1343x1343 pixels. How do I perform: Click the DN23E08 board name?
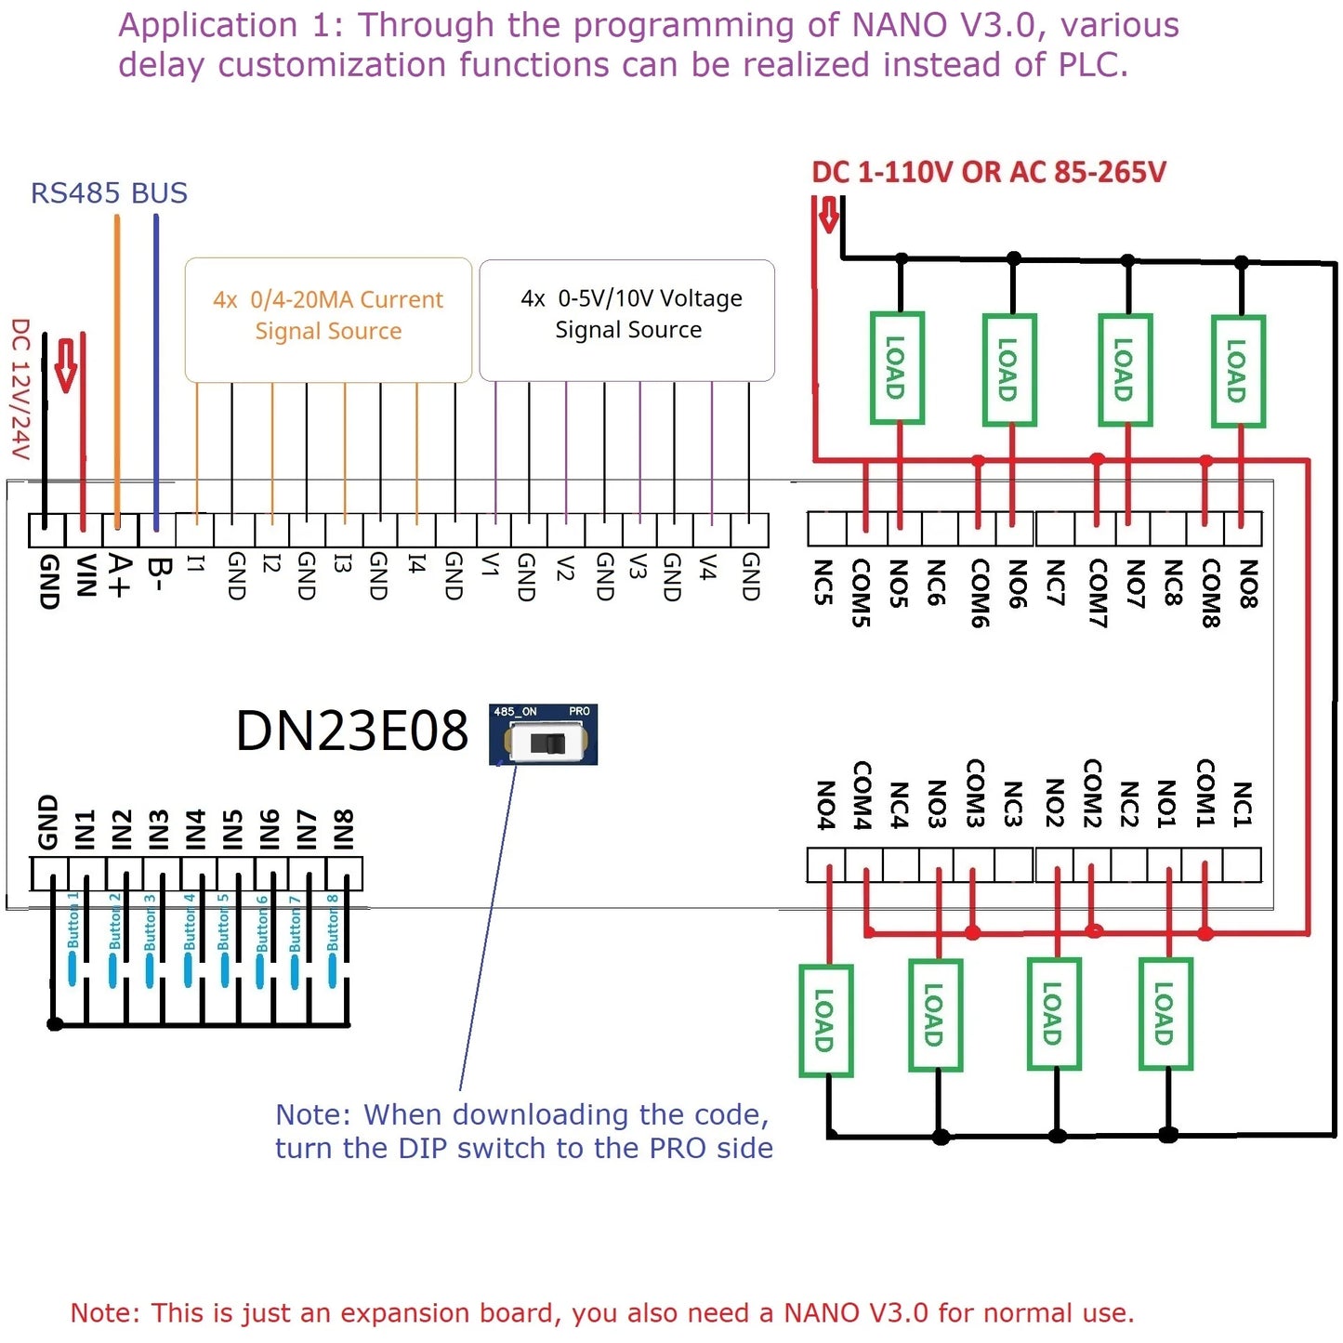(351, 731)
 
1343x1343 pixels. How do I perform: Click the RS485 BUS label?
(109, 193)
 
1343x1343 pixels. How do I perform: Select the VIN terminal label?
(86, 577)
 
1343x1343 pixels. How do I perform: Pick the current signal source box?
(328, 319)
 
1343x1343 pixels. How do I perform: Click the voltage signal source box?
(627, 319)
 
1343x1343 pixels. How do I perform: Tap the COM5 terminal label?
(862, 593)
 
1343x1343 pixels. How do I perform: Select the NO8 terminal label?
(1248, 584)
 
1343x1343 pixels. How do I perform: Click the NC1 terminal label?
(1243, 804)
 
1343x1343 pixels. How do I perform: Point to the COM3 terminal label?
(975, 793)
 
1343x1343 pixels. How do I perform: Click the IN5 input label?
(232, 829)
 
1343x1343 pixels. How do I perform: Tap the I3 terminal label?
(343, 563)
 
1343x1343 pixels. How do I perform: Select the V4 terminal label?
(708, 567)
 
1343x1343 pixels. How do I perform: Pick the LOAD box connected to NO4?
(825, 1020)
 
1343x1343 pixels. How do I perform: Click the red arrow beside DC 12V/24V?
(66, 365)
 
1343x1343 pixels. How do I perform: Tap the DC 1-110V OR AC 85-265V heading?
(988, 172)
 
